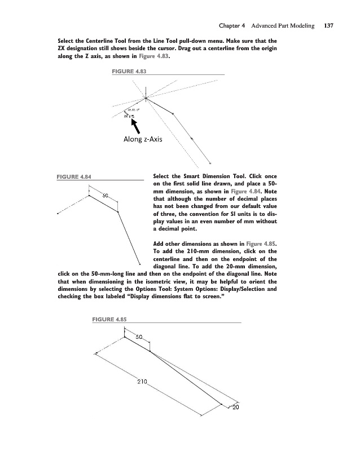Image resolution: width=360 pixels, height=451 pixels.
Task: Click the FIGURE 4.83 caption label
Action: tap(130, 72)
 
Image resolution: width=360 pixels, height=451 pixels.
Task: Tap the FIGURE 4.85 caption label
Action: tap(109, 320)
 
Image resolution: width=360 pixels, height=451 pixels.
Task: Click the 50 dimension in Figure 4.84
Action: tap(105, 195)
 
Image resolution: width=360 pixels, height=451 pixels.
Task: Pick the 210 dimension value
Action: tap(142, 382)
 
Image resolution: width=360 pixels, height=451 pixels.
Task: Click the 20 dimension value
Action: tap(236, 408)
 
